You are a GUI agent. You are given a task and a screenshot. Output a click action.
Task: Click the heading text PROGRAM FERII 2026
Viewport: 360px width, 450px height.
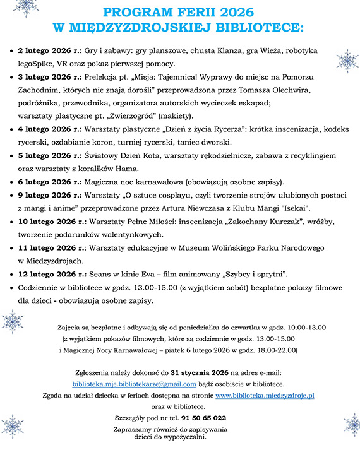(x=179, y=12)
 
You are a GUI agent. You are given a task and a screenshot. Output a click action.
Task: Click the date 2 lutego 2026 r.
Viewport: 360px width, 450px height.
(x=48, y=50)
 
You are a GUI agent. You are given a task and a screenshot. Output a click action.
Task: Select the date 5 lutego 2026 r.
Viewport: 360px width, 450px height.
(x=48, y=155)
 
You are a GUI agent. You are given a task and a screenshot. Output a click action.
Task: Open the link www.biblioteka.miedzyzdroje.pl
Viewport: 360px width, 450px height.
(x=265, y=394)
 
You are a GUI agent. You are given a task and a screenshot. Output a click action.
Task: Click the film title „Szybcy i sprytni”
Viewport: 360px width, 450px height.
(x=251, y=275)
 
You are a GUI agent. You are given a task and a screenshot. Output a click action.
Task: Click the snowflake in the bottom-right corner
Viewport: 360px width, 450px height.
(x=351, y=424)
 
